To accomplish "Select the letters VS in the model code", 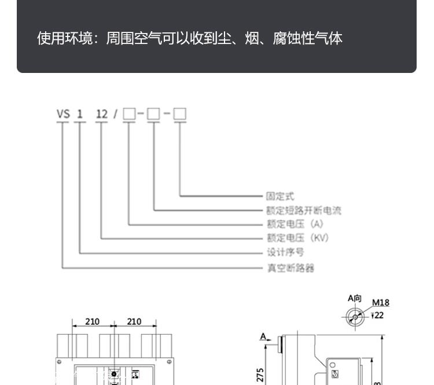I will (63, 114).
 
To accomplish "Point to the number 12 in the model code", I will (102, 114).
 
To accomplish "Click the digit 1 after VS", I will (80, 114).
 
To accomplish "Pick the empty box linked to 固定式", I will (180, 114).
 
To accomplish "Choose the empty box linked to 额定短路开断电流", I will (153, 114).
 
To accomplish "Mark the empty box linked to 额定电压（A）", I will (128, 114).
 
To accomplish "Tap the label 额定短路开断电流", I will (303, 210).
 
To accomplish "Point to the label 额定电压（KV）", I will (297, 238).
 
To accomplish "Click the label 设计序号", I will (285, 252).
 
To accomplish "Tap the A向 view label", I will (355, 299).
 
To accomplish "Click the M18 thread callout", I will (380, 302).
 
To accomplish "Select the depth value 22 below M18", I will (378, 315).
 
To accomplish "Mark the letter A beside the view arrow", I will (263, 336).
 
